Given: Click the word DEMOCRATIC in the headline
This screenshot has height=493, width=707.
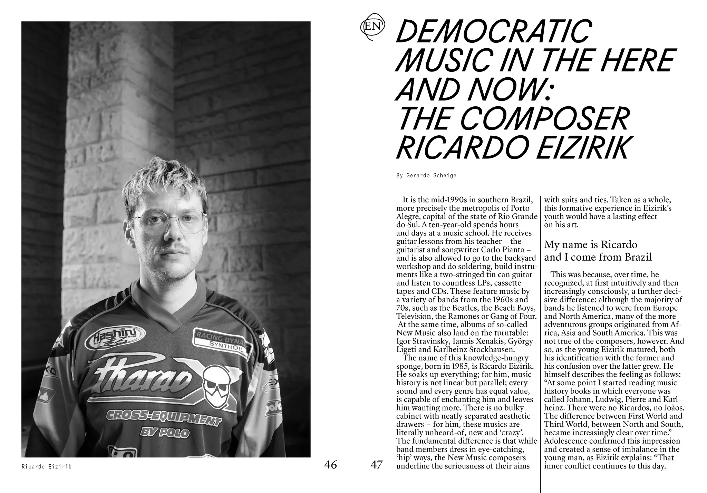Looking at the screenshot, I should point(493,31).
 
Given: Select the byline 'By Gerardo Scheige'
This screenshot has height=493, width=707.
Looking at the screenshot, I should point(426,175).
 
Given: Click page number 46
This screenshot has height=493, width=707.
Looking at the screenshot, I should point(330,465).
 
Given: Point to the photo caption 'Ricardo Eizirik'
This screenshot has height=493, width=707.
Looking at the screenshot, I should point(46,467).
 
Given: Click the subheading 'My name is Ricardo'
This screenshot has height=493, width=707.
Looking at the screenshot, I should point(591,244).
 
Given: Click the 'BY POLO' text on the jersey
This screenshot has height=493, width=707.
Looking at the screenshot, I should point(165,432).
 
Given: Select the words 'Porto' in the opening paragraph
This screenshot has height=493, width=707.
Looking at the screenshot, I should point(520,208).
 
